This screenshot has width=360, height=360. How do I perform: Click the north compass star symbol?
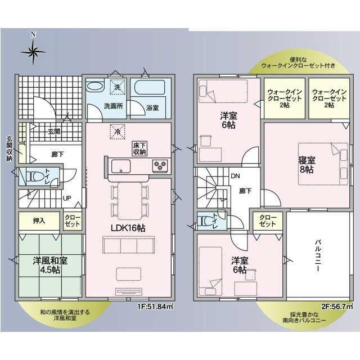coord(33,52)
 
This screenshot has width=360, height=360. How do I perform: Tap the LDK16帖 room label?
coord(128,228)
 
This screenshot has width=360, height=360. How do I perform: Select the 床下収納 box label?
coord(139,148)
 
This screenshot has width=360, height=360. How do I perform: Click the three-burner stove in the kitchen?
coord(160,165)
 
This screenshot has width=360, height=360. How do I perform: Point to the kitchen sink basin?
coord(121,166)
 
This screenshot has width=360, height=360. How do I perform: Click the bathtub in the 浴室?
coord(150,87)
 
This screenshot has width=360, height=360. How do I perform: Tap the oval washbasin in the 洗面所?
coord(95,86)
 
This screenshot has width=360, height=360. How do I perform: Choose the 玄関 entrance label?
coord(54,131)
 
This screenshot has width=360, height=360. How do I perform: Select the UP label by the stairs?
coord(67,199)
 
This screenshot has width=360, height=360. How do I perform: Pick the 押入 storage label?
coord(39,220)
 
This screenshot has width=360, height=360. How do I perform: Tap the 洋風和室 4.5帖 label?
coord(50,265)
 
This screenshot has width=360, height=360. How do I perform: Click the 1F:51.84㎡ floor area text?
coord(155,307)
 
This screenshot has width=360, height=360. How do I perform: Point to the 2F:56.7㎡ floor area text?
coord(337,307)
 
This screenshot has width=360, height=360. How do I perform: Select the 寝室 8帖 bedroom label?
coord(307,165)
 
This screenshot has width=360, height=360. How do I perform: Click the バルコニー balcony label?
coord(318,255)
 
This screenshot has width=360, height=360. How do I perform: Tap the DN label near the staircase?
coord(235,176)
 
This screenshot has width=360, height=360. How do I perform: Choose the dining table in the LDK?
coord(130,201)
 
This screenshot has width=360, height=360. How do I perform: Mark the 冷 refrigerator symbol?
coord(118,132)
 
